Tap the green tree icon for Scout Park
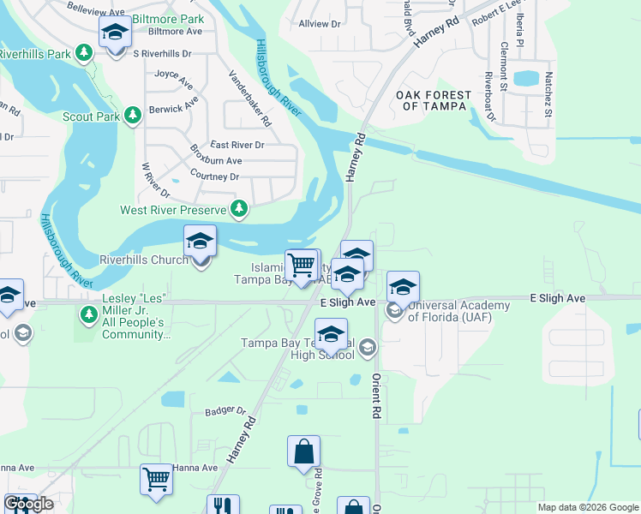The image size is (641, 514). [x=132, y=116]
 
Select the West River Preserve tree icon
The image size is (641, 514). [x=241, y=209]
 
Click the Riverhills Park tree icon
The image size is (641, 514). [x=84, y=54]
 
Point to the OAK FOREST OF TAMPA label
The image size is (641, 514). [x=434, y=100]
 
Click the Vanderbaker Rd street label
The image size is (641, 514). [x=250, y=97]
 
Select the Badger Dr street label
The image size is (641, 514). [x=225, y=411]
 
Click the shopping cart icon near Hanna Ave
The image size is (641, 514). [x=157, y=480]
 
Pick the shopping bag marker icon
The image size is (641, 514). [x=303, y=451]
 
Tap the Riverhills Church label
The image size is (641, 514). [x=144, y=259]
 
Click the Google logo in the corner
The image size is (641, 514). [x=28, y=504]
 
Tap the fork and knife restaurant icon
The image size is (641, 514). [x=221, y=505]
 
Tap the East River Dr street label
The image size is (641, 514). [x=237, y=145]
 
